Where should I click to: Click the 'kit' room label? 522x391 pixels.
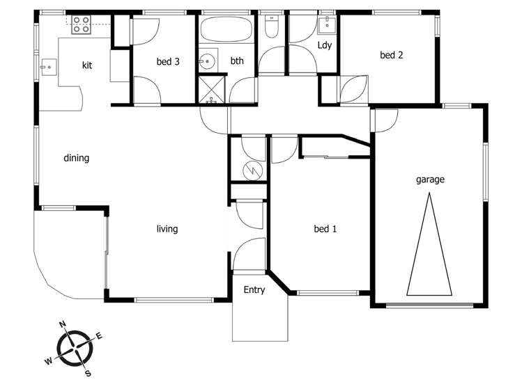[87, 65]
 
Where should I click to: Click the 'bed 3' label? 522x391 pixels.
[168, 62]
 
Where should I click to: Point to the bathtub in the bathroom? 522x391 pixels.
[227, 31]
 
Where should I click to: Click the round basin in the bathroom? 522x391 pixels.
[207, 62]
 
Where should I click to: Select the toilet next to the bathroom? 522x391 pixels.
[272, 26]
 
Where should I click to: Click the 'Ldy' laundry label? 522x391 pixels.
[324, 46]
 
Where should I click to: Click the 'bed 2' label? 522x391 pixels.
[391, 55]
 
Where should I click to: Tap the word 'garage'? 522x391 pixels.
[430, 179]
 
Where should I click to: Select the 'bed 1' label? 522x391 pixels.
[325, 229]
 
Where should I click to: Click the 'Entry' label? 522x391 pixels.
[254, 290]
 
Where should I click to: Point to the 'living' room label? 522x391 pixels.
[167, 229]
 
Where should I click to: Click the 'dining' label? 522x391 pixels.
[77, 158]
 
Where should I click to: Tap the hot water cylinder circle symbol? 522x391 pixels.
[248, 169]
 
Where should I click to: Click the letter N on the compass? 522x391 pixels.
[63, 324]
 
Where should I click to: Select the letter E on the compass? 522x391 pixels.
[99, 336]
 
